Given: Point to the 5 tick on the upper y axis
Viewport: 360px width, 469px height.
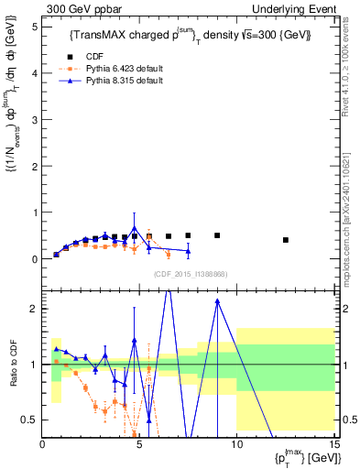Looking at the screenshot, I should [36, 25].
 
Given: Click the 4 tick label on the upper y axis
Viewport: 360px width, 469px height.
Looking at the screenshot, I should [36, 71].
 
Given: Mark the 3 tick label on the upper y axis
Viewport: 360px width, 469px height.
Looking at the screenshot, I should [36, 118].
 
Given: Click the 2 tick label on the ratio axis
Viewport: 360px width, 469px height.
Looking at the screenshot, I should [36, 309].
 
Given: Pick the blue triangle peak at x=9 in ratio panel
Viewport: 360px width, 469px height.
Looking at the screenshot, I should [217, 300].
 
